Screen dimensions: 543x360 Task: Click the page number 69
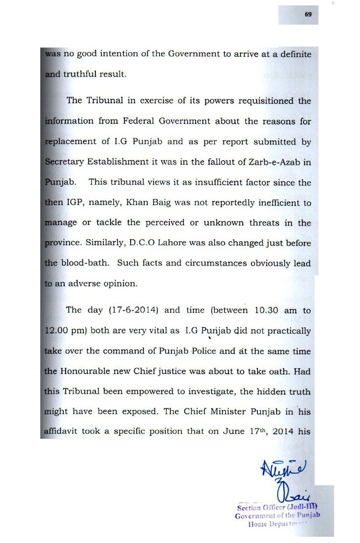coord(308,15)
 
